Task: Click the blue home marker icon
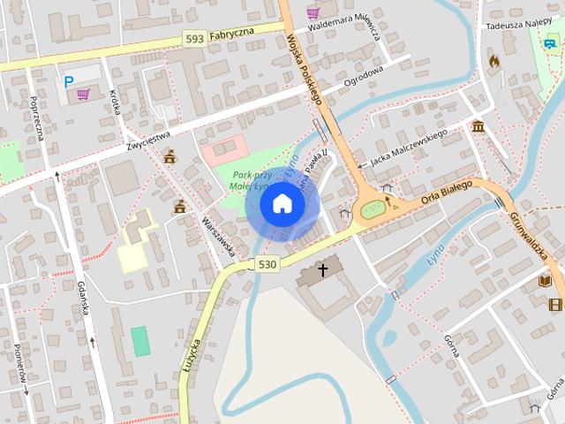(x=282, y=203)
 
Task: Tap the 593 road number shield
(x=196, y=38)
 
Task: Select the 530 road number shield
(x=268, y=264)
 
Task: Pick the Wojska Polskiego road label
(x=303, y=66)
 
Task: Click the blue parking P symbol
(x=68, y=81)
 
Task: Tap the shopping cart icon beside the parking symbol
(x=83, y=93)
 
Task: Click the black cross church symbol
(x=323, y=269)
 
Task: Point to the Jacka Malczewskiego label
(x=409, y=148)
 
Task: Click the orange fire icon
(x=493, y=61)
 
